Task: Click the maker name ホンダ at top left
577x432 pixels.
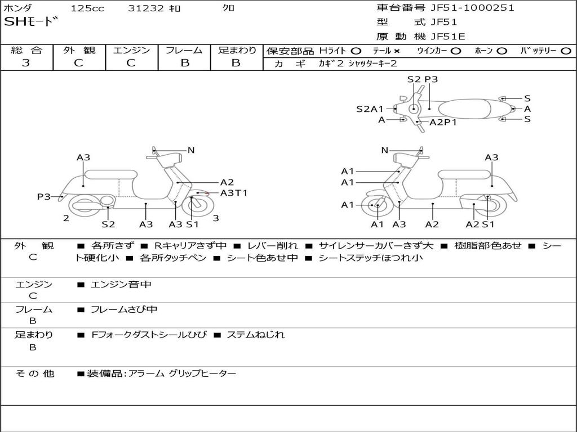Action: click(18, 8)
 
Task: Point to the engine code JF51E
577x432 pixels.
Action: click(448, 37)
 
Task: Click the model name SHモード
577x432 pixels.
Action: click(31, 22)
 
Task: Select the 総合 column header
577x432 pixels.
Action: click(26, 50)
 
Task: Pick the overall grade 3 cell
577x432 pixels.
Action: click(26, 63)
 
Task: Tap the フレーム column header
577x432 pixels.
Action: click(184, 50)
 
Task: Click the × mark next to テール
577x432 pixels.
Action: click(397, 51)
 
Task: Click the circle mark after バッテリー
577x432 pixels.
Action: click(566, 51)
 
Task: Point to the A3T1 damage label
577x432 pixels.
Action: click(233, 193)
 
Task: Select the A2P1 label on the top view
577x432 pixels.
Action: click(443, 122)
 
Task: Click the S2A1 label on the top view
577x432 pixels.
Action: click(370, 109)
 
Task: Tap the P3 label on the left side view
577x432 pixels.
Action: click(44, 196)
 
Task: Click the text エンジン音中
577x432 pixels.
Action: click(121, 285)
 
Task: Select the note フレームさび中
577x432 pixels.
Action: click(124, 309)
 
